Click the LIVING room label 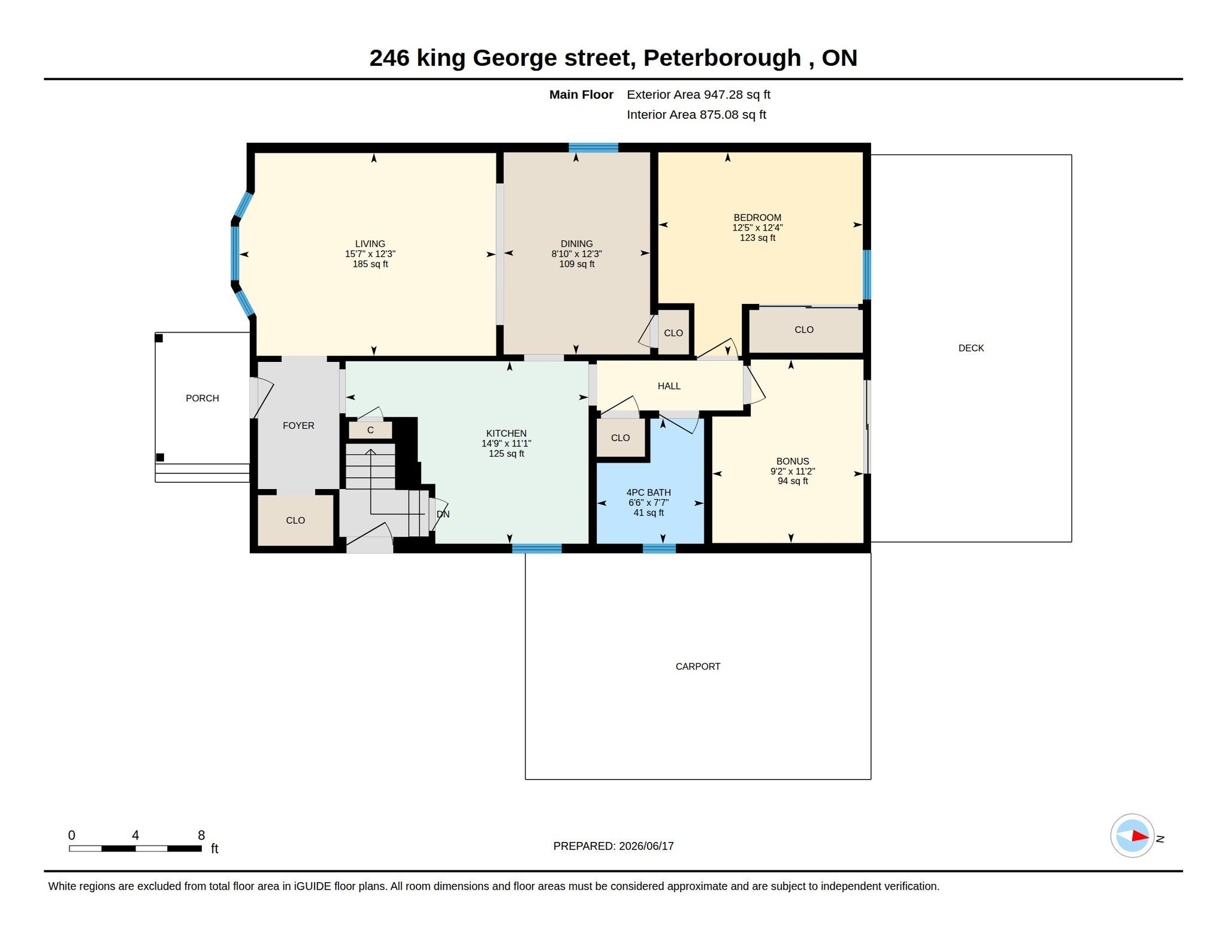(370, 244)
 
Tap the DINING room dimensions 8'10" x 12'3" (576, 254)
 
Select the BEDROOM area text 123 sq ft (757, 238)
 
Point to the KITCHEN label (506, 433)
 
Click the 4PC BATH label (648, 493)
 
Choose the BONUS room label (793, 461)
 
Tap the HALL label (669, 386)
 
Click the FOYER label (298, 425)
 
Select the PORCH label (203, 398)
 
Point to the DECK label (971, 348)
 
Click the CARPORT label (698, 666)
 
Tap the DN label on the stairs (443, 514)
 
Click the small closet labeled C (370, 430)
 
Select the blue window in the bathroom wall (659, 548)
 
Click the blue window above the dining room (593, 147)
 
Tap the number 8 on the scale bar (201, 835)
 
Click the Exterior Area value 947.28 (724, 95)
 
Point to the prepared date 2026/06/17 (646, 846)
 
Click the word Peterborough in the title (722, 58)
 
